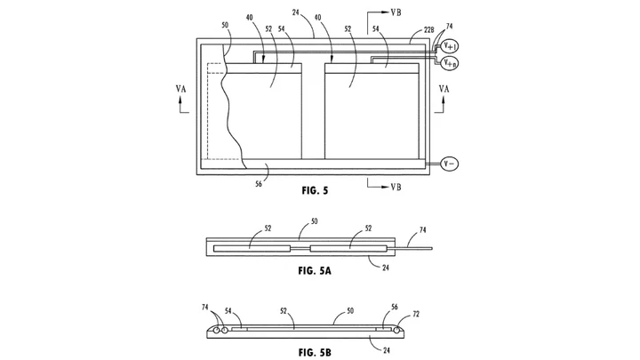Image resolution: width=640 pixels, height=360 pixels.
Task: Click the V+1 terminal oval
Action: click(450, 46)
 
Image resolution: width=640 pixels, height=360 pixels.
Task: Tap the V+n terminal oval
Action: click(450, 63)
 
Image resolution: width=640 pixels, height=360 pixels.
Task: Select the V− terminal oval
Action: click(450, 164)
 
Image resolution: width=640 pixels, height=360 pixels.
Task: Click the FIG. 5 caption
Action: click(315, 190)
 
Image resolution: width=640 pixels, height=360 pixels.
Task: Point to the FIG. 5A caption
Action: click(315, 270)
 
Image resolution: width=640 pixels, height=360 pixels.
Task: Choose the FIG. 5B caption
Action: click(315, 352)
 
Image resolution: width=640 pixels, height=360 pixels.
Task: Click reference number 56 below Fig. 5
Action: click(259, 184)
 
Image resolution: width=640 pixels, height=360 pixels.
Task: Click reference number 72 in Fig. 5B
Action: click(416, 315)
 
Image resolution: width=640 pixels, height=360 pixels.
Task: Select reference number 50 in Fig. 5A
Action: click(314, 221)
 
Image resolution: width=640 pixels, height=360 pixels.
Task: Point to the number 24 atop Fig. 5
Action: click(296, 12)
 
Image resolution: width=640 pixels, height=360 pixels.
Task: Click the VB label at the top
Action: click(396, 12)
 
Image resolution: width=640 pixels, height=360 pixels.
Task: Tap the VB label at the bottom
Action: click(396, 187)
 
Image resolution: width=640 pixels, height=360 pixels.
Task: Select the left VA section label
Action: click(180, 89)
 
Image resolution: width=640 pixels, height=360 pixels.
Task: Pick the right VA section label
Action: click(444, 89)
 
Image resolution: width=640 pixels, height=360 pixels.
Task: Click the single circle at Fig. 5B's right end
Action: click(397, 331)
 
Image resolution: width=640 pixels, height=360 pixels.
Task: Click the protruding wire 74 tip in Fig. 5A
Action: click(432, 248)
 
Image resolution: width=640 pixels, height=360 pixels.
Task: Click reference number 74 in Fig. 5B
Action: click(205, 308)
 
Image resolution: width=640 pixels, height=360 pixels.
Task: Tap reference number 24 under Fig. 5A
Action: click(386, 268)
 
